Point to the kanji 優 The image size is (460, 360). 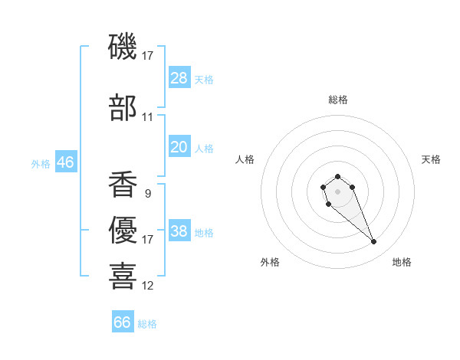(x=123, y=229)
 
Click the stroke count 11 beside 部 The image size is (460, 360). (x=148, y=117)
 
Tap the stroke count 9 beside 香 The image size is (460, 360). (x=147, y=194)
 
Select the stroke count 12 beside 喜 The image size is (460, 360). (x=148, y=286)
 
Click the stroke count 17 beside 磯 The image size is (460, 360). (x=148, y=55)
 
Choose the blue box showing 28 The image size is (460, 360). (x=179, y=77)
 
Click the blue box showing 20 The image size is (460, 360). (x=179, y=147)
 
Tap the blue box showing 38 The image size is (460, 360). (x=179, y=231)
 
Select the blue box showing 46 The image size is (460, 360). (x=65, y=162)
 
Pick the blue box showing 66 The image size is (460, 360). (x=123, y=322)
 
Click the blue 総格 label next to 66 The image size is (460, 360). (x=147, y=324)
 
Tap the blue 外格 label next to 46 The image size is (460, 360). (x=41, y=163)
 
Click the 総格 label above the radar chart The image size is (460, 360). (x=338, y=100)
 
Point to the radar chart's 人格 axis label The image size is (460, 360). (x=245, y=159)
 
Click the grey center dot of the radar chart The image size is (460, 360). (x=337, y=190)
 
